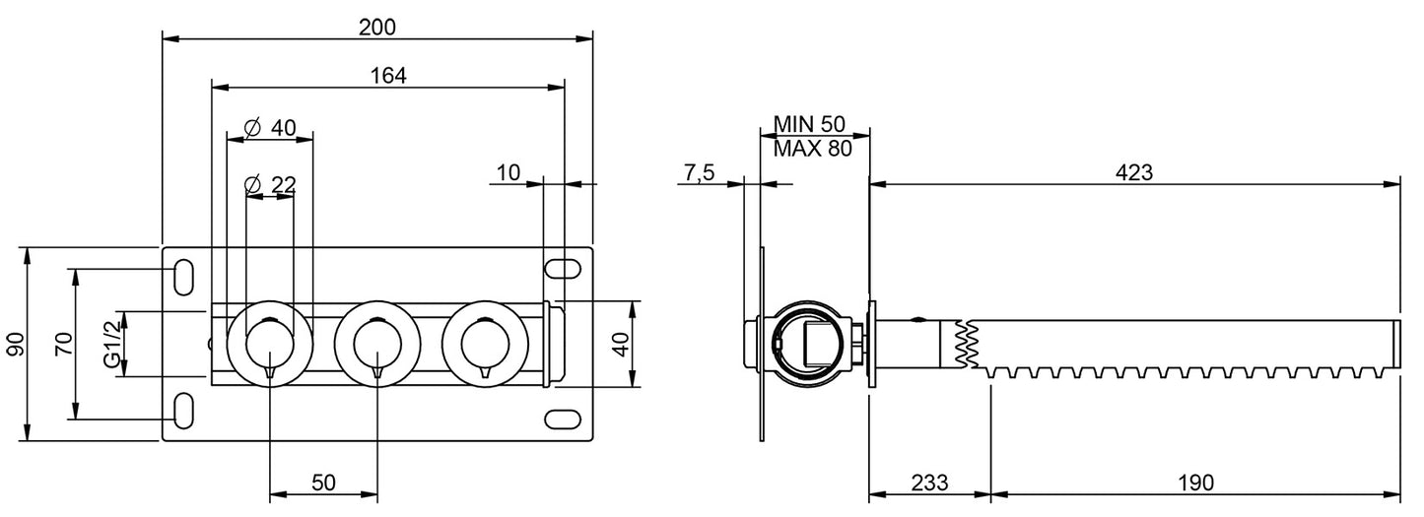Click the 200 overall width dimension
[x=377, y=27]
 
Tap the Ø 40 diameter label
[x=269, y=127]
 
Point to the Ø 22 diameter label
[x=269, y=184]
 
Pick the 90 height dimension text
[x=14, y=344]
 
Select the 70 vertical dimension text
[x=62, y=344]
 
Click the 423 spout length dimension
[x=1134, y=171]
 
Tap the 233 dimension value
[x=928, y=483]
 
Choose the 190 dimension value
[x=1195, y=483]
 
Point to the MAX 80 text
[x=810, y=149]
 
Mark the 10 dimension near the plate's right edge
[x=509, y=173]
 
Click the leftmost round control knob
[x=270, y=344]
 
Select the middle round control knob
[x=377, y=344]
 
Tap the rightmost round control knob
[x=485, y=344]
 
